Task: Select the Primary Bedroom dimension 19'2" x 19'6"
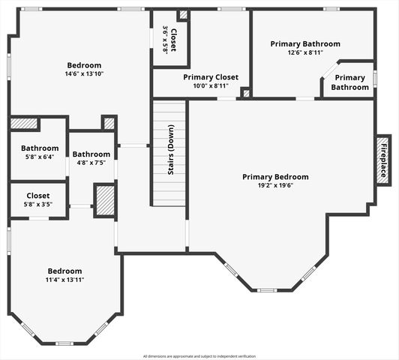point(274,185)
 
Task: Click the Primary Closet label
point(211,77)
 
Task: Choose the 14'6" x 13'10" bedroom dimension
point(84,73)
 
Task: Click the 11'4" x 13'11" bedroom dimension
point(64,279)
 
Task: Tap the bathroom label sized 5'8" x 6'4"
point(40,148)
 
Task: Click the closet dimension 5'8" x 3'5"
point(38,203)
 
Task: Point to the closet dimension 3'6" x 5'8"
point(166,40)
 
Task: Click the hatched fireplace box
point(383,160)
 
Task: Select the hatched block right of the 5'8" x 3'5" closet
point(104,200)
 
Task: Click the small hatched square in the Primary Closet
point(245,93)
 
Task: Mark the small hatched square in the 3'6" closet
point(182,15)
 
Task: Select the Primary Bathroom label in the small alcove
point(350,82)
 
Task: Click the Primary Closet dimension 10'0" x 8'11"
point(211,86)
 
